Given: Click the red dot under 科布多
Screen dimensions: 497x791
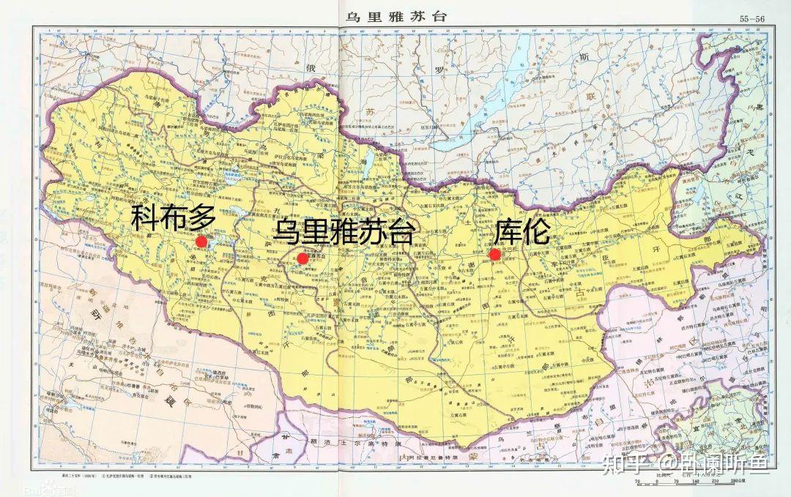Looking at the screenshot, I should click(x=201, y=242).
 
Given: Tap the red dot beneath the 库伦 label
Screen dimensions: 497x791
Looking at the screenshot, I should click(x=494, y=254).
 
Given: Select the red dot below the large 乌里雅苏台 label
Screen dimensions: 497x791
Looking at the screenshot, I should click(x=302, y=258).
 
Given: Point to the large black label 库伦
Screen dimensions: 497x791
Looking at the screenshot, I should click(x=521, y=232).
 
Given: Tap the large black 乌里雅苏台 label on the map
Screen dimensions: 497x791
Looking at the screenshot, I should click(x=344, y=232).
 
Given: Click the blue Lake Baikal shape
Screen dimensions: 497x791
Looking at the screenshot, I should click(x=505, y=95).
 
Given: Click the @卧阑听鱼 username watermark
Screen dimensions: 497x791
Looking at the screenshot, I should click(x=707, y=463).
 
